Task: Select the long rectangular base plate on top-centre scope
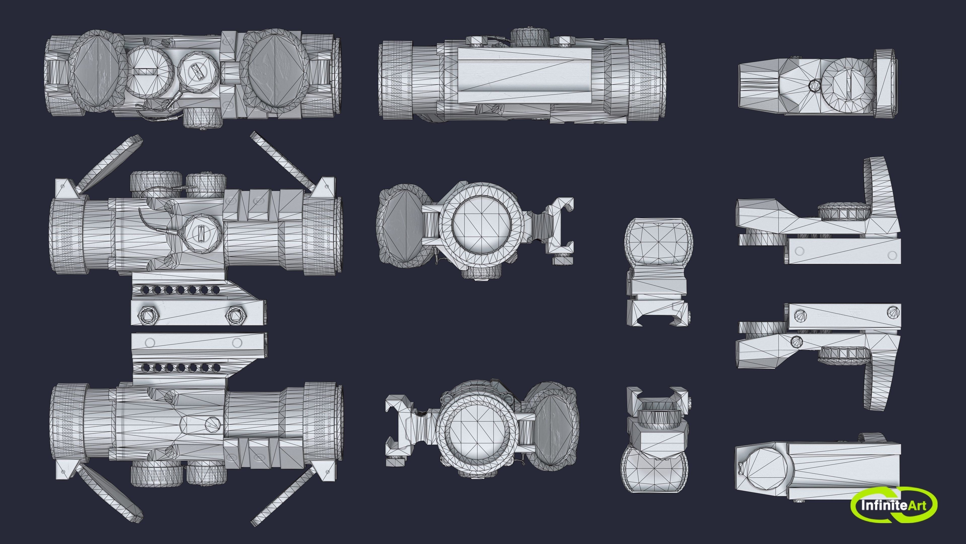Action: pos(525,75)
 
